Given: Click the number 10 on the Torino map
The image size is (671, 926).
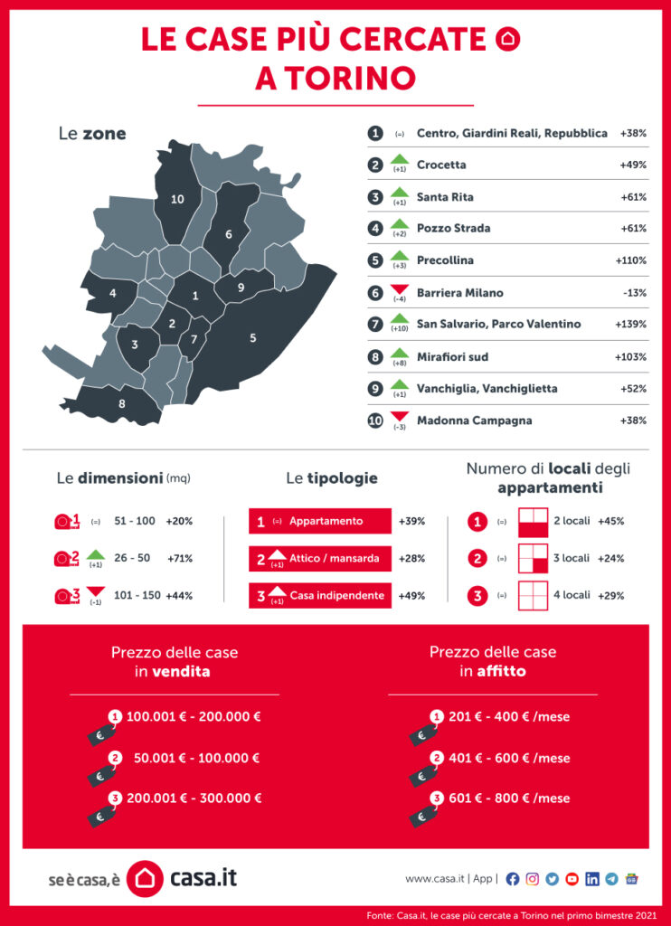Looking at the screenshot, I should coord(177,199).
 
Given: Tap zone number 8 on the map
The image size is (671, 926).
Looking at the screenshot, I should coord(122,403).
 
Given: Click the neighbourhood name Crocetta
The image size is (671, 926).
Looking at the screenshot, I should coord(441,165).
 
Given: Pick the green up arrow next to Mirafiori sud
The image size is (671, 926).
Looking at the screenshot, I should coord(400,354).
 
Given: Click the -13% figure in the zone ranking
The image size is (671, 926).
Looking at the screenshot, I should coord(635,292).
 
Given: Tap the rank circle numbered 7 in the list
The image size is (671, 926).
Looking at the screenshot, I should coord(375,324).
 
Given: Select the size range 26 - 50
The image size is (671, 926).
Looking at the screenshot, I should coord(132,559).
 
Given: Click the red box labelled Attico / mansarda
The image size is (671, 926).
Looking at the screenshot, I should coord(319,559).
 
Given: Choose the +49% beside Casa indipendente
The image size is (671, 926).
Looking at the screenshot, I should coord(411,595).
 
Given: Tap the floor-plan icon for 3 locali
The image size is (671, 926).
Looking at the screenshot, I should coord(533,559).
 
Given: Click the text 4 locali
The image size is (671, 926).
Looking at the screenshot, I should coord(572,595).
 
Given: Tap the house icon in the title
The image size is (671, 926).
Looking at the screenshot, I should coord(510,39).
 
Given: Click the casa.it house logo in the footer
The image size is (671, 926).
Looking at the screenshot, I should coord(144,878).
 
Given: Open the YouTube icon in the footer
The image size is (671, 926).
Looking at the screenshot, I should coord(572,878).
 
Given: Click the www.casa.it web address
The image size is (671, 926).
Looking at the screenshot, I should coord(435,878).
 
